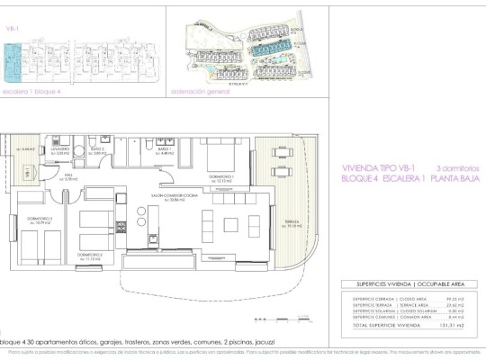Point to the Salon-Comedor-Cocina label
click(173, 199)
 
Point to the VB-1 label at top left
click(13, 28)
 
